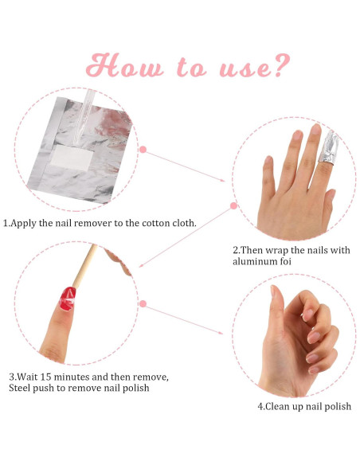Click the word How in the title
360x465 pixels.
(127, 65)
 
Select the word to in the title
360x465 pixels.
(195, 67)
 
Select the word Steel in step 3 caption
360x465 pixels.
(22, 388)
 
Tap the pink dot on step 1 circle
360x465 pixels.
(143, 149)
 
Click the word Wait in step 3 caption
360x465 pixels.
(29, 376)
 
